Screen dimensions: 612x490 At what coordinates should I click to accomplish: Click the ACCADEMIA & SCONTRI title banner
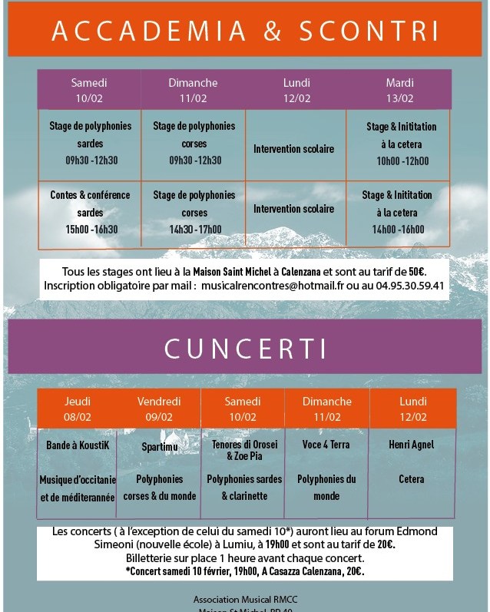[x=244, y=31]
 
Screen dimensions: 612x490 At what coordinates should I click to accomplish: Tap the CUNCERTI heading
[x=244, y=347]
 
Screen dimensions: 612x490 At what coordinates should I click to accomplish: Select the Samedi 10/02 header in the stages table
[x=89, y=90]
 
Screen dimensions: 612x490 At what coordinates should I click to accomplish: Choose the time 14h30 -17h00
[x=195, y=230]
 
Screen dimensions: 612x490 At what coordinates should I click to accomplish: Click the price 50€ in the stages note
[x=416, y=271]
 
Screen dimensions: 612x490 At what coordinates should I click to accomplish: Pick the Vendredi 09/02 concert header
[x=159, y=409]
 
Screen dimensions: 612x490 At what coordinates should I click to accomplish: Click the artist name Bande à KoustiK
[x=78, y=445]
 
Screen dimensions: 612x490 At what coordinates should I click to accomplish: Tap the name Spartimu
[x=159, y=445]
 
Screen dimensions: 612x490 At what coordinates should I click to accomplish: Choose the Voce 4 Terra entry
[x=326, y=445]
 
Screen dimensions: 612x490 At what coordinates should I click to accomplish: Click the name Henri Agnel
[x=412, y=445]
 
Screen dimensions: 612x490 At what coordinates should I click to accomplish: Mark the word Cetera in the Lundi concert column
[x=411, y=479]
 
